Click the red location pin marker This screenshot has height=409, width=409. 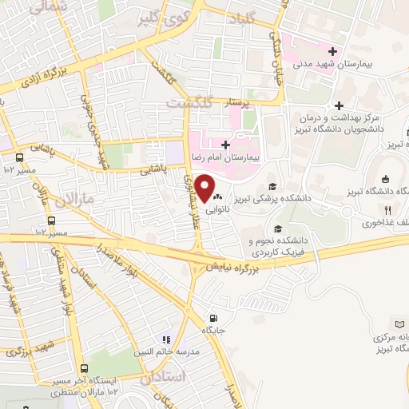point(205,189)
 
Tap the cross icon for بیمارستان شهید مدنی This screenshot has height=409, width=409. point(332,51)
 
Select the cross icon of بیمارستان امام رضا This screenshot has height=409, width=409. point(226,145)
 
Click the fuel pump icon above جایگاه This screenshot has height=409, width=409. point(212,316)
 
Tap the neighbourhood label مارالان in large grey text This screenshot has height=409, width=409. point(80,196)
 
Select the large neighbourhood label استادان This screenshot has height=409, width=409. point(168,375)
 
